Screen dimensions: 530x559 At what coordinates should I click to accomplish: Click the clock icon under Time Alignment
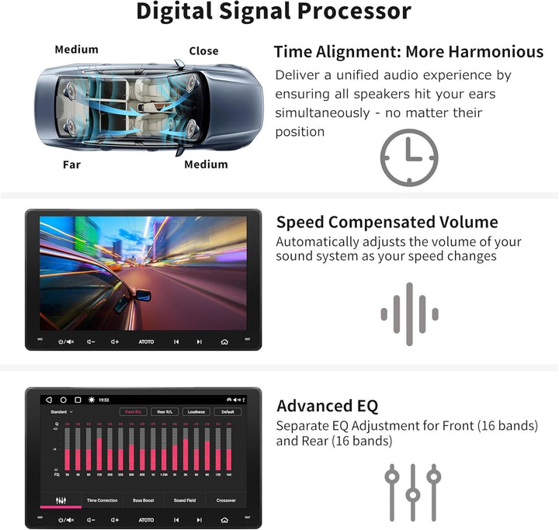(408, 158)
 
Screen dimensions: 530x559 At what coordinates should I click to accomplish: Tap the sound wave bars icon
(409, 313)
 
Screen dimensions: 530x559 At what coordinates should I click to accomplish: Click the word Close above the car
(203, 50)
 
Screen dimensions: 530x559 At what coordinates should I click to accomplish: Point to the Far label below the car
(71, 165)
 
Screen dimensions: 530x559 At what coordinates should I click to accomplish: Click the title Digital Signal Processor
(273, 12)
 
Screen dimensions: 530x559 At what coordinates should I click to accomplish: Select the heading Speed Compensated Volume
(387, 222)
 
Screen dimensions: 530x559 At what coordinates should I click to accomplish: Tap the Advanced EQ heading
(327, 406)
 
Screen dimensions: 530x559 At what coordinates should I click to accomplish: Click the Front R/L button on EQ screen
(133, 412)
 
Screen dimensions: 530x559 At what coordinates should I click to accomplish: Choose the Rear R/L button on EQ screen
(165, 412)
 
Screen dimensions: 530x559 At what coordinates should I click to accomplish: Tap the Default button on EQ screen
(227, 412)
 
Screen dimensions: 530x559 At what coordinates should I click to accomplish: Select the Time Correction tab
(102, 501)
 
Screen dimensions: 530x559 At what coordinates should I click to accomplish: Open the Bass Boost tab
(144, 501)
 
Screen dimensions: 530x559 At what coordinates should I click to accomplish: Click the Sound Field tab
(185, 501)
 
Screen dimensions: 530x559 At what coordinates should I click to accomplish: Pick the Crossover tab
(226, 501)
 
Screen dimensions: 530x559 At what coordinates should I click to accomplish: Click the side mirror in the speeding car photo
(142, 295)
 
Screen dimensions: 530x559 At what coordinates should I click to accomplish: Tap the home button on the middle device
(224, 341)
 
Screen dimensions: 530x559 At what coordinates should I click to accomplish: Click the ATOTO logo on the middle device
(146, 341)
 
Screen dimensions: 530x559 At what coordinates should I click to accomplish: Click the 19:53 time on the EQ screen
(104, 400)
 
